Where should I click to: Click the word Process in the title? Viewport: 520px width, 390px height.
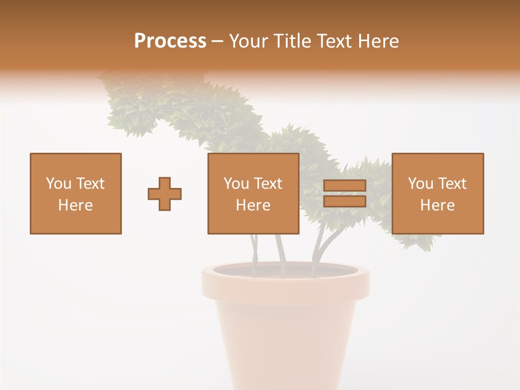pos(170,41)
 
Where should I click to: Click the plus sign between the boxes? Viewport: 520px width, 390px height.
pos(165,193)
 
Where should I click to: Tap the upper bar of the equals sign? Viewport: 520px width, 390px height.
pos(344,186)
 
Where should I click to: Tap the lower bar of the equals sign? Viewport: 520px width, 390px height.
pos(344,201)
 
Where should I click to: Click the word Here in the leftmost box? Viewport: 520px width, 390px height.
pos(76,205)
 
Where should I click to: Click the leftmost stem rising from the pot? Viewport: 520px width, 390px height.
pos(254,249)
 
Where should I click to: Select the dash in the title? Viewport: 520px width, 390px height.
pos(218,41)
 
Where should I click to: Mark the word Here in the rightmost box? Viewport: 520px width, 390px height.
pos(438,205)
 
